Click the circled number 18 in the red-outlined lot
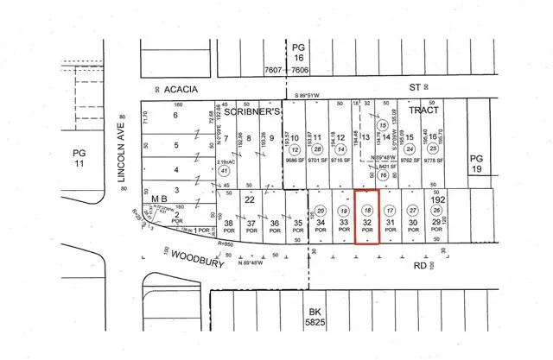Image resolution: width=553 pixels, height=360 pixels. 367,211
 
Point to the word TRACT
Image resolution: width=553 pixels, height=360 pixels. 427,111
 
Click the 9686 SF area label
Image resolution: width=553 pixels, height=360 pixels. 296,160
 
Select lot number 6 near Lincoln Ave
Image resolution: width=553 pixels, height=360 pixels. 175,114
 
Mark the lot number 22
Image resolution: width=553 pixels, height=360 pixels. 248,199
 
